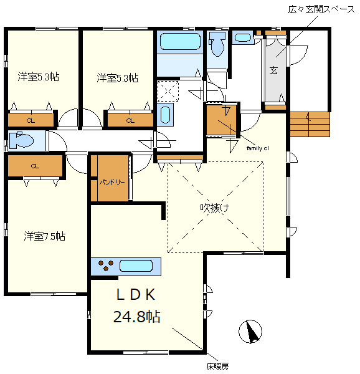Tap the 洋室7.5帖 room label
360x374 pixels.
tap(45, 236)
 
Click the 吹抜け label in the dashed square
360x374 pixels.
tap(216, 208)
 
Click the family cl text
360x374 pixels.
tap(258, 148)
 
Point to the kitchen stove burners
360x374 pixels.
tap(105, 266)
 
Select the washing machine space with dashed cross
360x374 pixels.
tap(167, 91)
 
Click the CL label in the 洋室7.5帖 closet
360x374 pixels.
tap(35, 166)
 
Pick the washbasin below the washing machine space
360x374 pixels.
tap(164, 115)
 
